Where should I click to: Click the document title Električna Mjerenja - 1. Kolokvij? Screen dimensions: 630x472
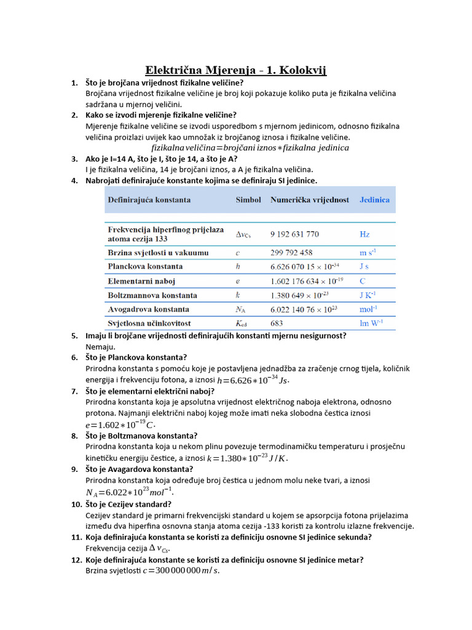235,70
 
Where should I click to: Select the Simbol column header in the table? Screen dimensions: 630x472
248,200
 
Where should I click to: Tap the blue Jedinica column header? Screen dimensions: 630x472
374,200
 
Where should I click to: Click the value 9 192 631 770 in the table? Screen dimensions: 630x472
294,234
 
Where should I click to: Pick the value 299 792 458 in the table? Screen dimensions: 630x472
291,253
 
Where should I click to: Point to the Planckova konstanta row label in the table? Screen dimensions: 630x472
145,267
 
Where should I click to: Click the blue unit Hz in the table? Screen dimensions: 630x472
365,234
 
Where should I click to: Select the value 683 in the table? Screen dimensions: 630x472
277,322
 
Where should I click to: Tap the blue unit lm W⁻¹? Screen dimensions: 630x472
372,322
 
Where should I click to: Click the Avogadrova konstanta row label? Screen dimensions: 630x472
148,309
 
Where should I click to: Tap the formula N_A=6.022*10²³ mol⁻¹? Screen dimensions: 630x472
130,492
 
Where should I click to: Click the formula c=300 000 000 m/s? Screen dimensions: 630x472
181,571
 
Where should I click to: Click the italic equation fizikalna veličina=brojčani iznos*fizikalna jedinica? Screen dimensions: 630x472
250,148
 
